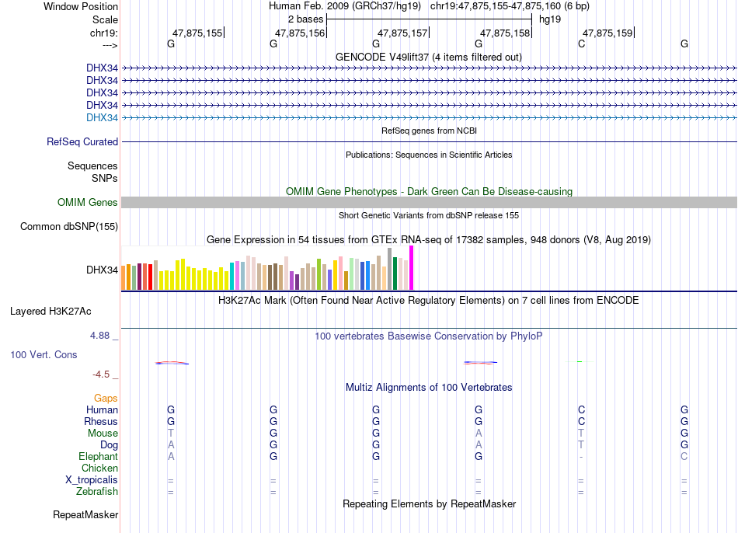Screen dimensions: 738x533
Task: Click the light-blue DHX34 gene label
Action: pyautogui.click(x=102, y=118)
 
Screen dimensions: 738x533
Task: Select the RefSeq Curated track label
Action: pyautogui.click(x=82, y=141)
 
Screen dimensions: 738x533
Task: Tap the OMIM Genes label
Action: pyautogui.click(x=88, y=203)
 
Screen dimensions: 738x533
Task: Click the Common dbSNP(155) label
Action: pyautogui.click(x=69, y=226)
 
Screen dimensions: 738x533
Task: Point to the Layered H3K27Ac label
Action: pyautogui.click(x=50, y=312)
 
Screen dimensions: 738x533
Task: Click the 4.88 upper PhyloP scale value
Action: pyautogui.click(x=99, y=336)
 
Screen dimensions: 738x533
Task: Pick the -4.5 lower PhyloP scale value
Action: pyautogui.click(x=101, y=374)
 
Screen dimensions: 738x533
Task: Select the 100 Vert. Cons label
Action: pyautogui.click(x=44, y=354)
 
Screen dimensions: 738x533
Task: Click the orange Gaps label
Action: pyautogui.click(x=106, y=399)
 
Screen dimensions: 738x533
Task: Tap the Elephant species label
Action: pyautogui.click(x=99, y=457)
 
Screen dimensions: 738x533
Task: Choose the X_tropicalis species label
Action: pyautogui.click(x=92, y=480)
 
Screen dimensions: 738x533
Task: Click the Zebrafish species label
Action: pyautogui.click(x=97, y=492)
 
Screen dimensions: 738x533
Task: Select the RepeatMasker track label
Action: pyautogui.click(x=85, y=514)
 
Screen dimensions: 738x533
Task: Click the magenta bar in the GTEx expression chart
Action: pyautogui.click(x=412, y=268)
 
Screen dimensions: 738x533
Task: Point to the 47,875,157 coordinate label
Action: pyautogui.click(x=402, y=33)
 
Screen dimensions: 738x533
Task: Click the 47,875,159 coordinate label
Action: pyautogui.click(x=607, y=33)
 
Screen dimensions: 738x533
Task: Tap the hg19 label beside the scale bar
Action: pyautogui.click(x=550, y=19)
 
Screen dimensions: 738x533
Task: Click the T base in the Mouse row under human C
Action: pyautogui.click(x=581, y=434)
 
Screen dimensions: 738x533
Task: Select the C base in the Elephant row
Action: pyautogui.click(x=684, y=457)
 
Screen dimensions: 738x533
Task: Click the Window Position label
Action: pyautogui.click(x=81, y=6)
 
